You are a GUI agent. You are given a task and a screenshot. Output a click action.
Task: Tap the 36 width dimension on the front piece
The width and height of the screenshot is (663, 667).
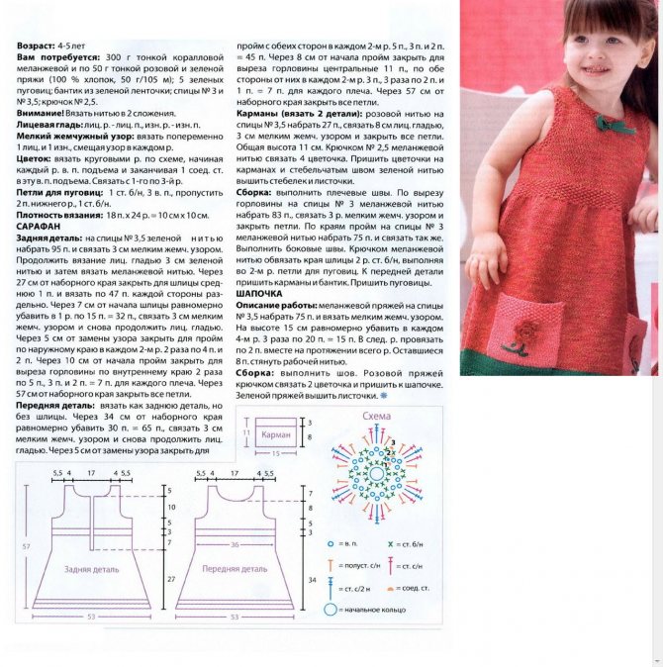tap(234, 544)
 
